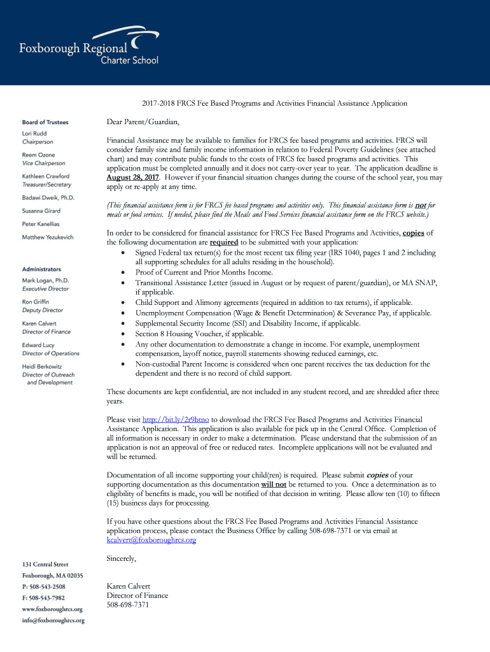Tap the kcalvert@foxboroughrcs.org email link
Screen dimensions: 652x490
coord(151,540)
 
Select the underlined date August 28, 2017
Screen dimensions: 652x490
coord(133,178)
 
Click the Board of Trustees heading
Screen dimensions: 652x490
coord(45,122)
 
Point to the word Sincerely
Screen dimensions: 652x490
coord(121,558)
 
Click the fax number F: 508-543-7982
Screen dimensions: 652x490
coord(43,598)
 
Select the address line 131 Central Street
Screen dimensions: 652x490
coord(45,564)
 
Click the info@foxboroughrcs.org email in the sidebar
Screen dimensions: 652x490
coord(53,620)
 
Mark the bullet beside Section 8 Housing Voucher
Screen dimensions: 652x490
coord(123,334)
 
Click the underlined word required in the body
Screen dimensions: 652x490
coord(224,243)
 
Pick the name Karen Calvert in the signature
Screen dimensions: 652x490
coord(129,586)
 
